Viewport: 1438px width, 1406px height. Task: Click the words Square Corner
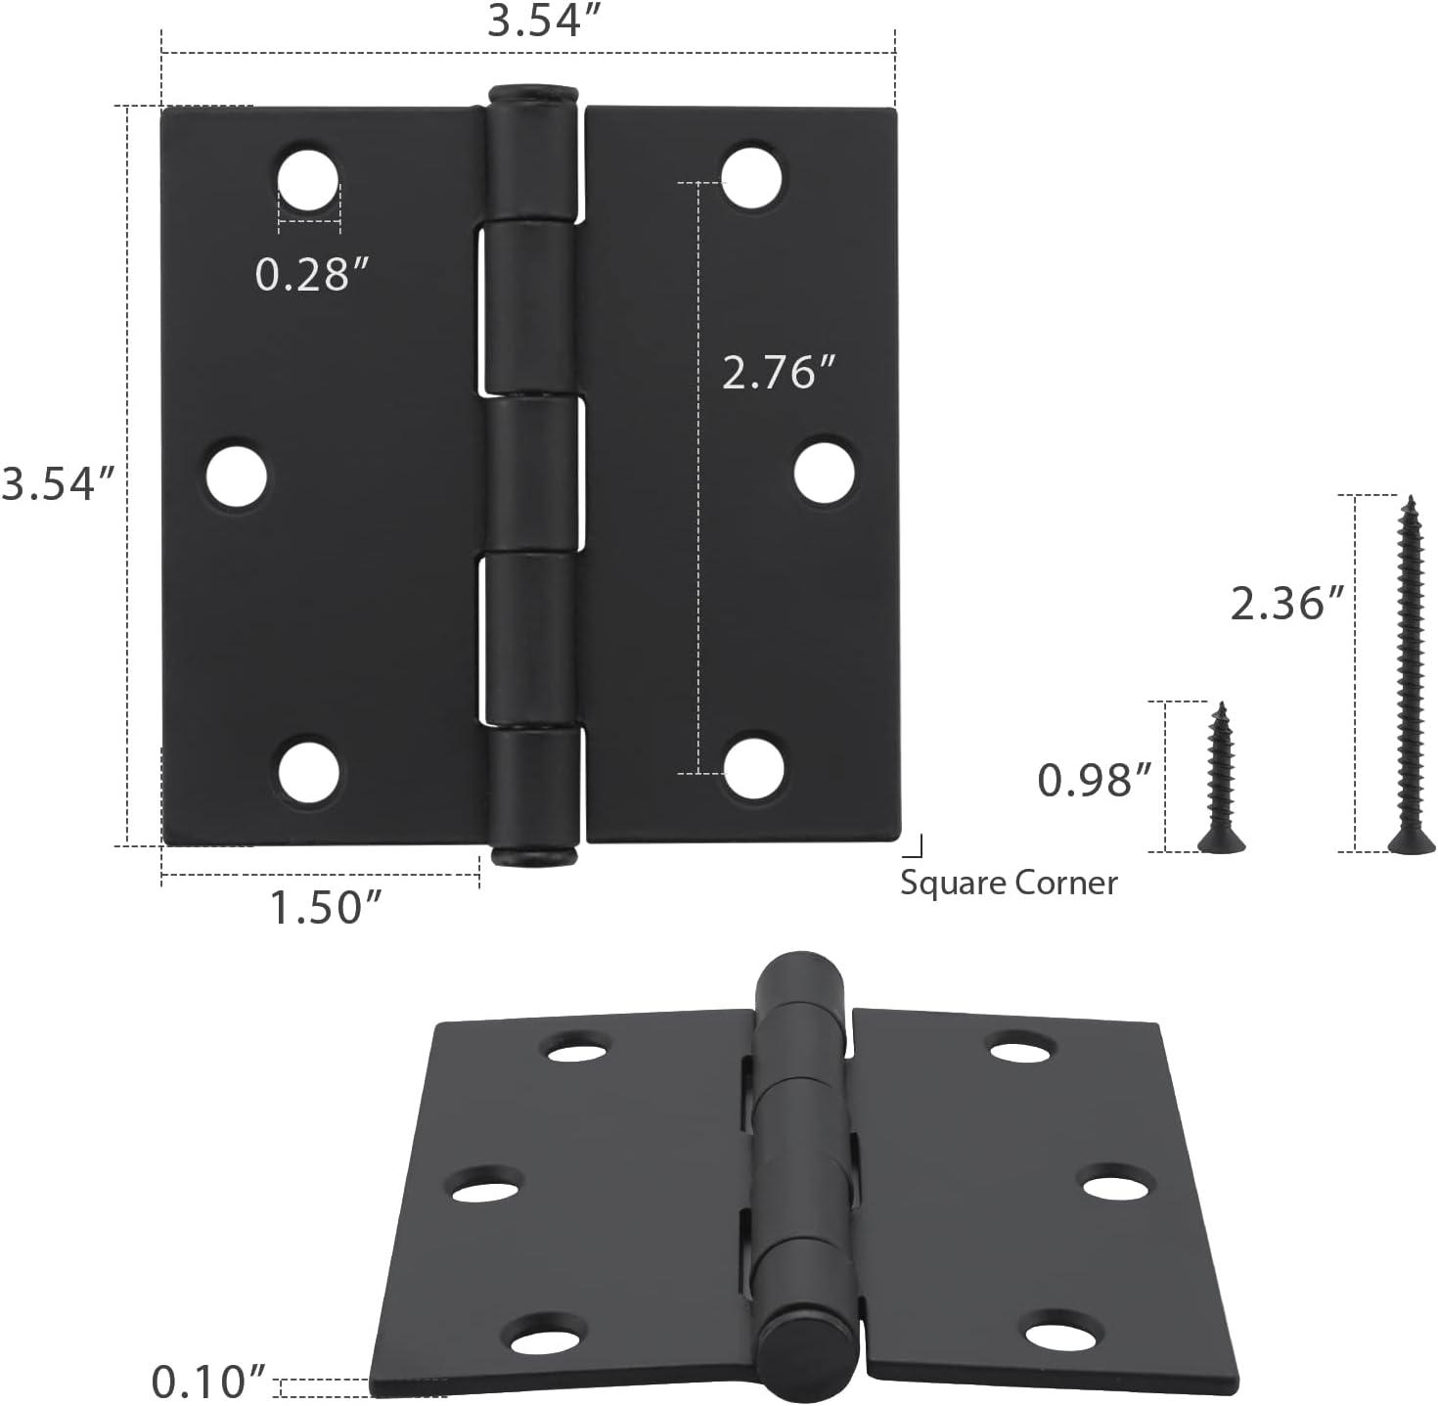click(1009, 883)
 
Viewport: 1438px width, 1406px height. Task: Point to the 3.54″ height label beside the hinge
click(59, 483)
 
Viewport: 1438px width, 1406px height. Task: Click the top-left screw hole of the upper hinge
click(308, 180)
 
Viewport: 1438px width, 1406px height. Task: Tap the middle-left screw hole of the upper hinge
click(237, 476)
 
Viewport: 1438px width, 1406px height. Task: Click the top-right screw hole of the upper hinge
click(751, 177)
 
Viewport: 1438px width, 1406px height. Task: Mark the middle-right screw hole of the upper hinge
click(824, 473)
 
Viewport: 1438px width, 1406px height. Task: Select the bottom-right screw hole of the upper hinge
click(752, 767)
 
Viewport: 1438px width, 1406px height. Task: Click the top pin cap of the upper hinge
click(534, 95)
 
